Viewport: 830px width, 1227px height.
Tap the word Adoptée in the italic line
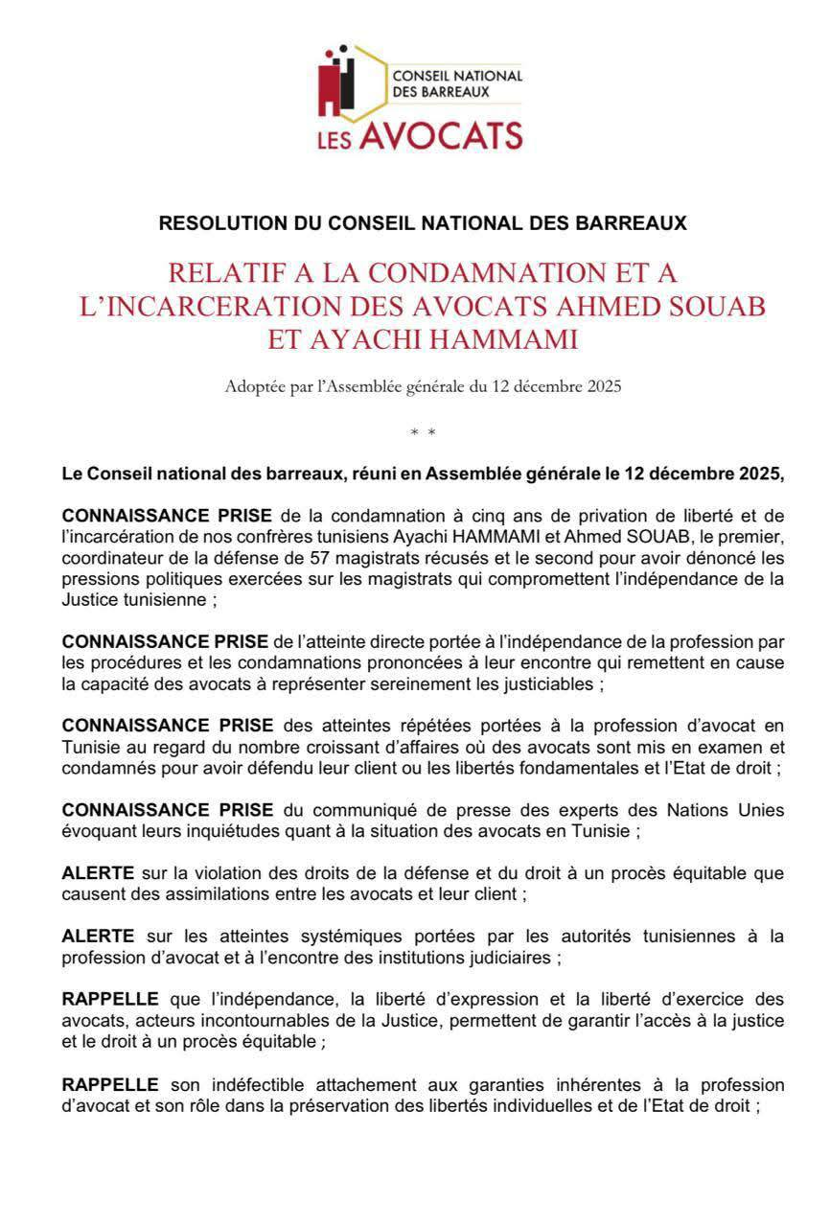(x=251, y=387)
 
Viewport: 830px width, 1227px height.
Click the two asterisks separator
(x=423, y=433)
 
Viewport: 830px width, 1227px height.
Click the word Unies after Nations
(x=761, y=811)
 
